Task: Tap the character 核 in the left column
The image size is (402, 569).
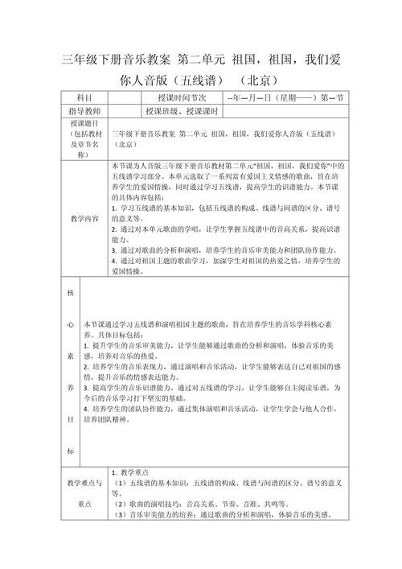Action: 69,294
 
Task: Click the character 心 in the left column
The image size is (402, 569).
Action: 69,324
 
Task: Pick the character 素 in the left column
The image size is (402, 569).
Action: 69,355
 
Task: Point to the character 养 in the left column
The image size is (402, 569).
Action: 69,386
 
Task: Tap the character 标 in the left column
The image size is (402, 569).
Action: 69,450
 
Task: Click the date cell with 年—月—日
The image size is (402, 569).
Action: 285,97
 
